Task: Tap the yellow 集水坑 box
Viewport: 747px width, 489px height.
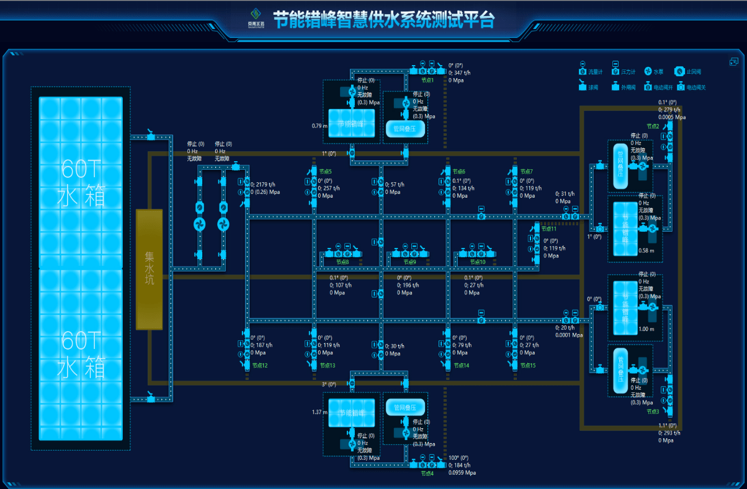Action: pos(150,269)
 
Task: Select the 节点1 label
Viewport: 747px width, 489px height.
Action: pos(427,80)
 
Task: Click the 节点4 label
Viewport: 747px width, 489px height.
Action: pos(427,473)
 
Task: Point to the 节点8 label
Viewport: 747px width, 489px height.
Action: pos(342,262)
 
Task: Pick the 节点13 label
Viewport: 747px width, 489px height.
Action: pos(327,366)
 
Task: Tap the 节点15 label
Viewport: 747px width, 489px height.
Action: pos(527,366)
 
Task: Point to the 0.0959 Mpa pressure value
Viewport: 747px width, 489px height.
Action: pos(462,473)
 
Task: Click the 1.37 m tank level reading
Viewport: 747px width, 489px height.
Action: pos(318,412)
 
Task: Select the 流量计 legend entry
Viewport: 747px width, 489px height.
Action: pos(595,72)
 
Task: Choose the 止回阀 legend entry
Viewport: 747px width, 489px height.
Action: pos(694,72)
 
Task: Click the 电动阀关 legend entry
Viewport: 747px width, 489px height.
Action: pos(696,87)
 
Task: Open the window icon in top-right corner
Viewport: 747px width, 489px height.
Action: pos(734,61)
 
